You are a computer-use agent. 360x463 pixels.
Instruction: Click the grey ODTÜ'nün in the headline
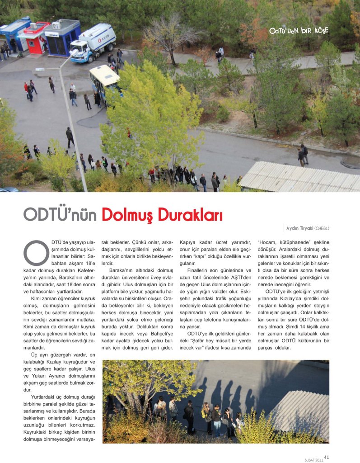pyautogui.click(x=60, y=215)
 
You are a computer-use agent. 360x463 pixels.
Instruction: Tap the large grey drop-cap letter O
pyautogui.click(x=36, y=252)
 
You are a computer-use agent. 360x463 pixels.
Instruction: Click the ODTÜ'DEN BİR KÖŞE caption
pyautogui.click(x=299, y=31)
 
